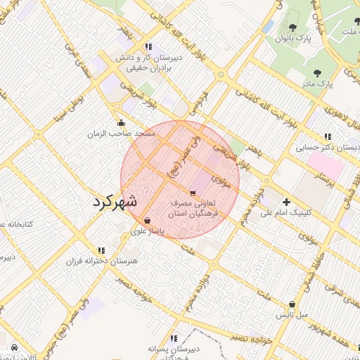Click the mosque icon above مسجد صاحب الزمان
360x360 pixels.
121,122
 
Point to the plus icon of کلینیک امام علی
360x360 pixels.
285,201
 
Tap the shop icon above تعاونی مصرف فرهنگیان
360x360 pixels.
193,192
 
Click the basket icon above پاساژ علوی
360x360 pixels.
146,219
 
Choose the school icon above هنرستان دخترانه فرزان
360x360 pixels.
101,250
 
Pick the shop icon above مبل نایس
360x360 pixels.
292,304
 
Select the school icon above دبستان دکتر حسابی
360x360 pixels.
327,136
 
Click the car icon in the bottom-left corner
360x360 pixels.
15,348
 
